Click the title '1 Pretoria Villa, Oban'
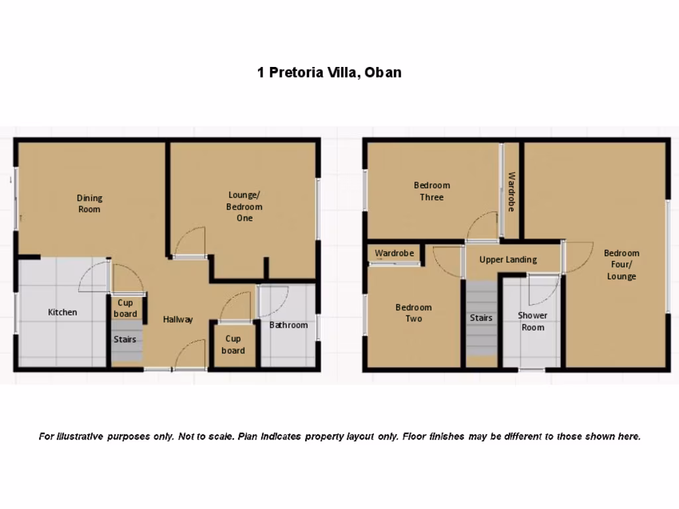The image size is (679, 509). click(x=329, y=72)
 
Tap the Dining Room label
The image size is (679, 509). click(x=90, y=203)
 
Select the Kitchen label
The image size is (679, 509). click(x=62, y=312)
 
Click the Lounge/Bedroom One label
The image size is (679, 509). click(x=245, y=206)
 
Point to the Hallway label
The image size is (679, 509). click(x=178, y=319)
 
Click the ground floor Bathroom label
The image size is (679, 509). click(x=288, y=325)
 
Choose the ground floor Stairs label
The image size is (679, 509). click(x=125, y=339)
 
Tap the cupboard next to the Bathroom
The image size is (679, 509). click(x=233, y=345)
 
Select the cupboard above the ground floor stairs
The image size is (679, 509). click(x=125, y=308)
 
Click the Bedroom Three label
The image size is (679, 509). click(x=432, y=191)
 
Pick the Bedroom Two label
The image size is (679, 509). click(x=413, y=313)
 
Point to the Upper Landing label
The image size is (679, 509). click(x=508, y=260)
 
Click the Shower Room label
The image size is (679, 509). click(x=532, y=321)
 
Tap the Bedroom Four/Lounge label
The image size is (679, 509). click(x=621, y=264)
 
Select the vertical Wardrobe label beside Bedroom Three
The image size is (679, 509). click(x=512, y=192)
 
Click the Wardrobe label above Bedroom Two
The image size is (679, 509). click(x=394, y=253)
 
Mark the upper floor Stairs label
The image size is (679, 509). click(x=481, y=318)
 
